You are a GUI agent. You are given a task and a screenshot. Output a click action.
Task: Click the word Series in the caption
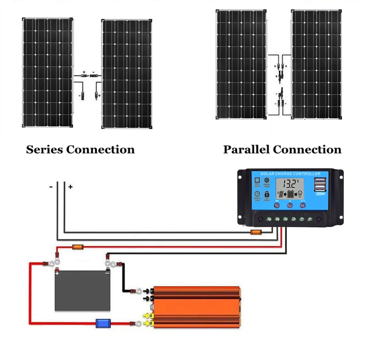(x=45, y=150)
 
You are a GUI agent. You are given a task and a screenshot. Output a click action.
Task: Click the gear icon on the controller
(x=266, y=180)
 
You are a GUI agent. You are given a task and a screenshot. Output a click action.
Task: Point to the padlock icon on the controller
(x=266, y=194)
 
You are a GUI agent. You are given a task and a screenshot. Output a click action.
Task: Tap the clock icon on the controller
(x=257, y=194)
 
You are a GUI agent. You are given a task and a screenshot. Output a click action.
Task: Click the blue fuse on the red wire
(x=101, y=324)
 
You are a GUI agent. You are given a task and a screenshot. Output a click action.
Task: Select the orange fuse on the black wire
(x=256, y=232)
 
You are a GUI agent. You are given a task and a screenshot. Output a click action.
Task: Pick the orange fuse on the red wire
(x=77, y=247)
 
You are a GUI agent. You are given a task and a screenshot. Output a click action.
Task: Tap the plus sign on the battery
(x=57, y=274)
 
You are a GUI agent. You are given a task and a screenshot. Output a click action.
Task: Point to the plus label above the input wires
(x=70, y=187)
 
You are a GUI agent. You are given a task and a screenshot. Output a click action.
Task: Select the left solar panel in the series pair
(x=48, y=72)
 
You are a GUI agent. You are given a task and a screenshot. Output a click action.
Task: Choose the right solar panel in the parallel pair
(x=316, y=65)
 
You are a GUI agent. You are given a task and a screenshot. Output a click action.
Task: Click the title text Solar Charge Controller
(x=290, y=174)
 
